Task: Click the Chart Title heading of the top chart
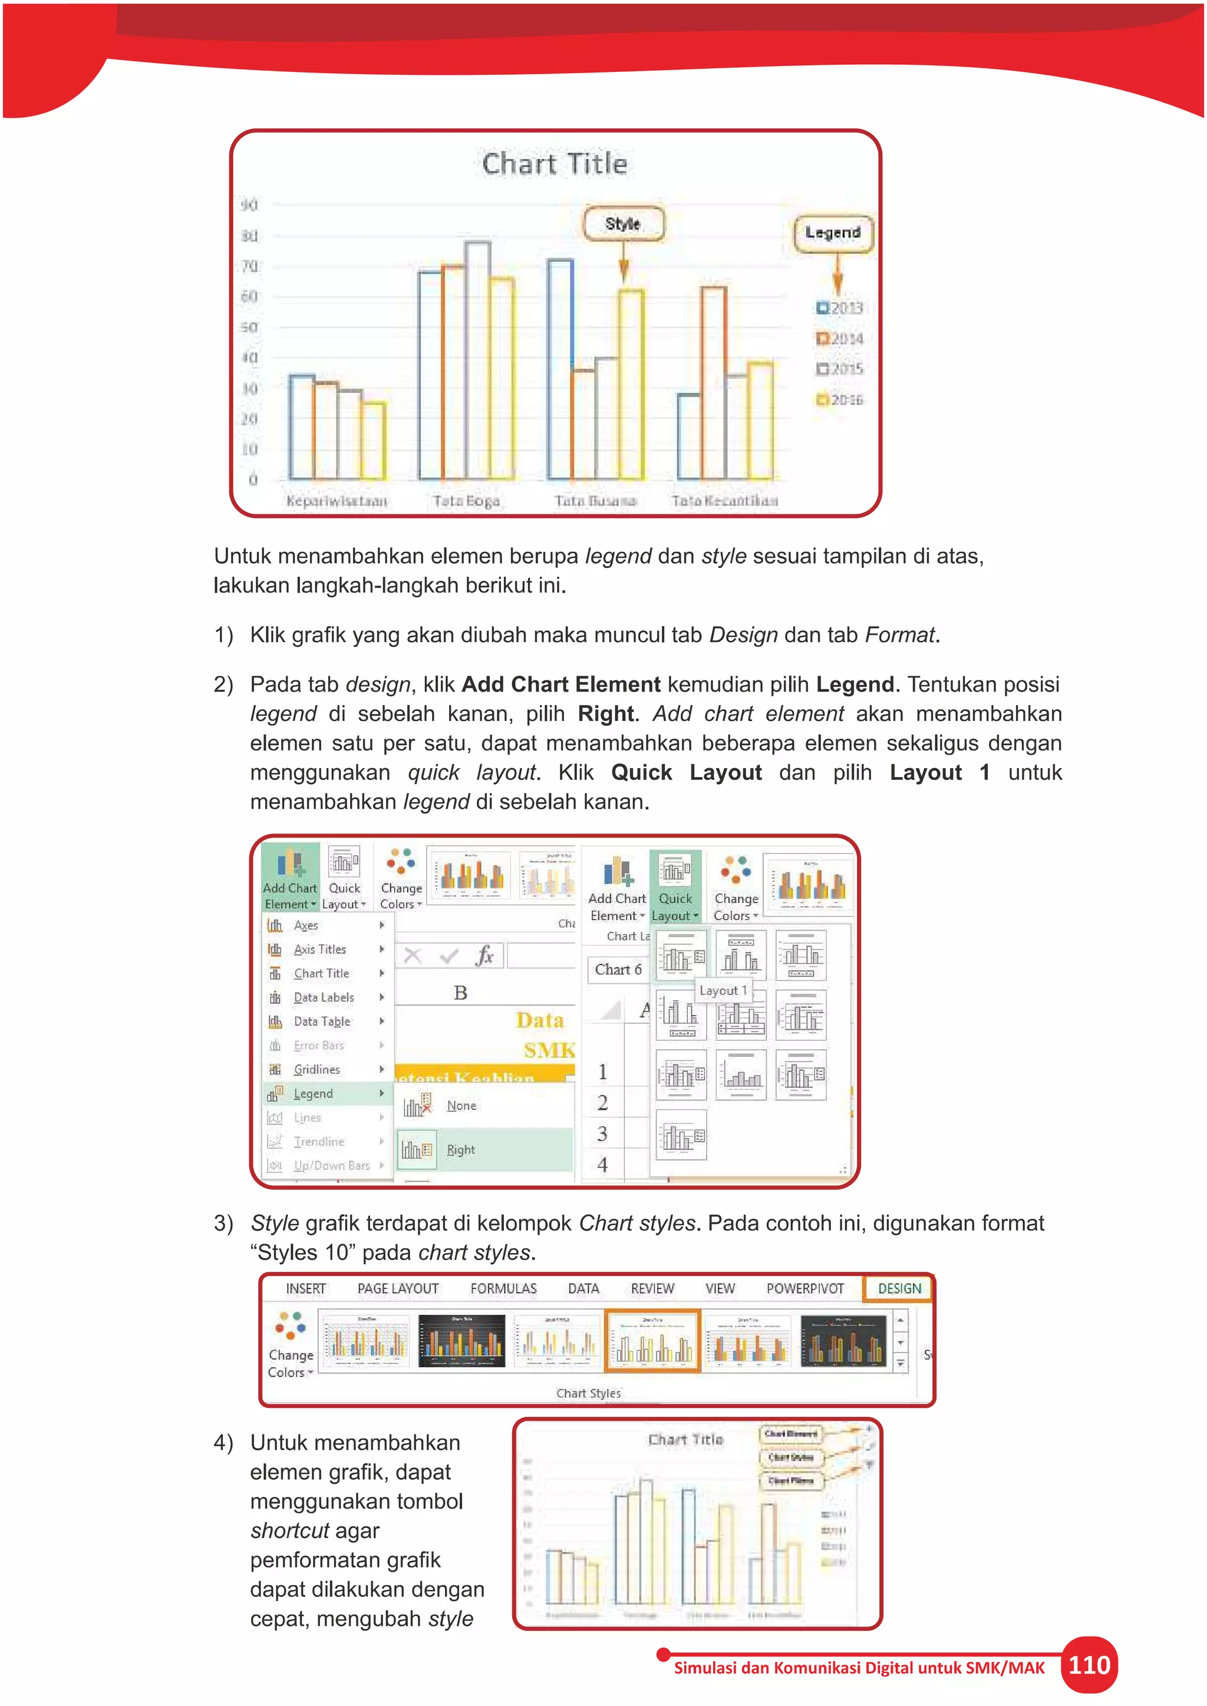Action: coord(555,163)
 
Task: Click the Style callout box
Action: coord(623,224)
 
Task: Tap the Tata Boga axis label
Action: coord(466,501)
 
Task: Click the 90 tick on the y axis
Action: coord(249,204)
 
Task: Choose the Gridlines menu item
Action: coord(316,1069)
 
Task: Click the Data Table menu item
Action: coord(322,1021)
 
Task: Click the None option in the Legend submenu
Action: coord(461,1106)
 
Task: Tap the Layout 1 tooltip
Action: coord(723,990)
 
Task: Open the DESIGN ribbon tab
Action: coord(899,1288)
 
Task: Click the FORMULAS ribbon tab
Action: coord(503,1288)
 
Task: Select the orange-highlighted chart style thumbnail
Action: coord(652,1341)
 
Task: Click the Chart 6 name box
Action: coord(618,969)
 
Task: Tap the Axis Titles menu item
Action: coord(319,950)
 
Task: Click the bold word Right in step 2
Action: coord(606,714)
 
